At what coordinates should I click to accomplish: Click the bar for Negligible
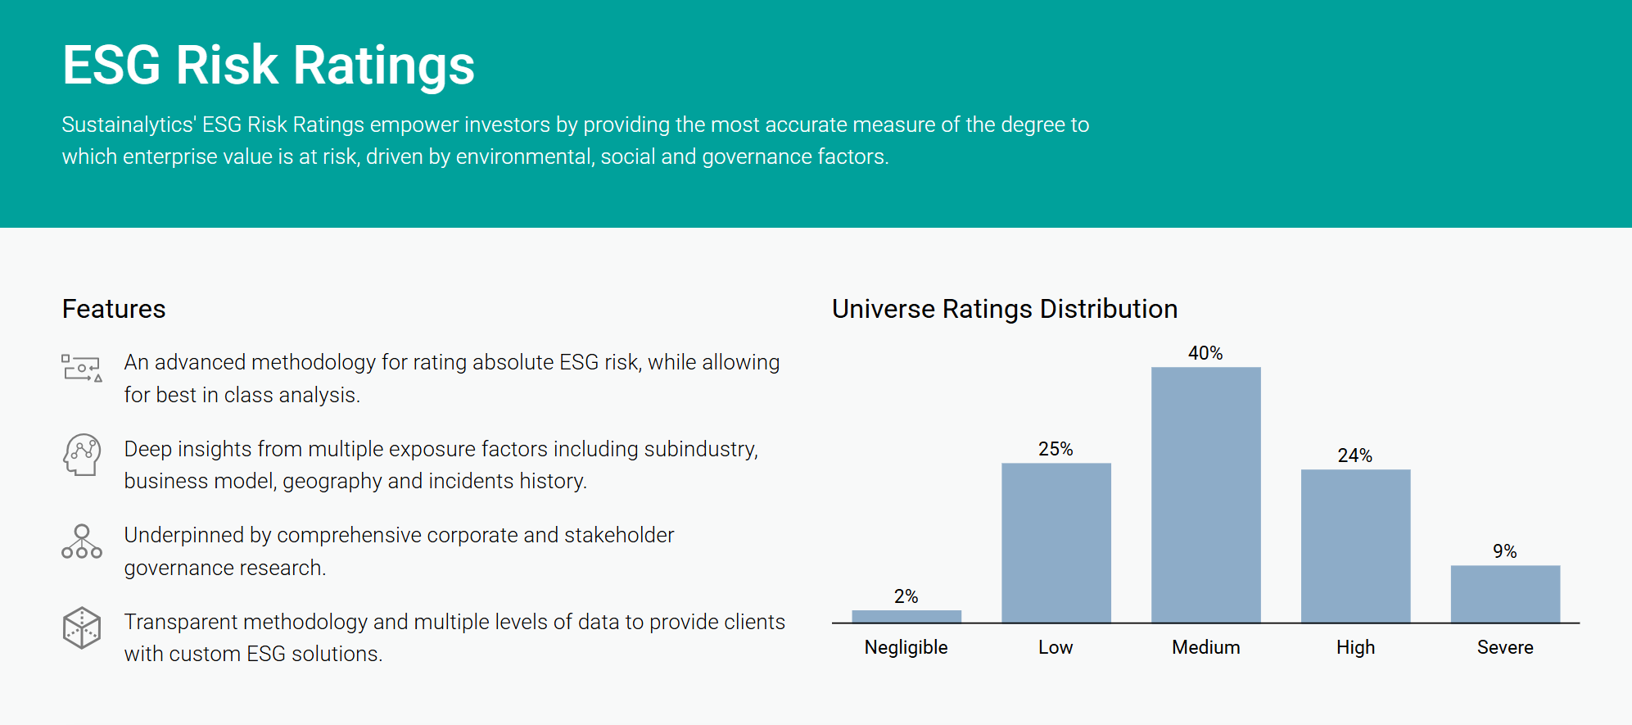pos(906,616)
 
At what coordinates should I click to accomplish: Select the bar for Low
pos(1056,542)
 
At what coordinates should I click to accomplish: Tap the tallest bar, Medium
pos(1205,495)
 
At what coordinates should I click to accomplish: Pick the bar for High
pos(1355,546)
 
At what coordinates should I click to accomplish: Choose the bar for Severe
pos(1505,593)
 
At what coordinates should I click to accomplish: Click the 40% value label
pos(1205,353)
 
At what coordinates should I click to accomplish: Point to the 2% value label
pos(906,596)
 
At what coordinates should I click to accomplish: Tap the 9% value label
pos(1505,551)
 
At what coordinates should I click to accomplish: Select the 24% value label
pos(1355,455)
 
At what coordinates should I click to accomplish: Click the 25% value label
pos(1056,449)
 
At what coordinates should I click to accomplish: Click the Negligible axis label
pos(906,647)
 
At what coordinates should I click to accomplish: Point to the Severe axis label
pos(1505,647)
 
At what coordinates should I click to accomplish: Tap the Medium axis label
pos(1205,647)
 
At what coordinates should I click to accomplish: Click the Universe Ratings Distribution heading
pos(1005,309)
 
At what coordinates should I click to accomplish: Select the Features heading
pos(114,309)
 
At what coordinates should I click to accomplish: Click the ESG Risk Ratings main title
pos(269,66)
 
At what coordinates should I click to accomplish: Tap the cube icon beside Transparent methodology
pos(82,628)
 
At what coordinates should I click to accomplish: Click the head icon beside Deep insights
pos(82,455)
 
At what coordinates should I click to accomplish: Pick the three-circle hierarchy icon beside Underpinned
pos(82,542)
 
